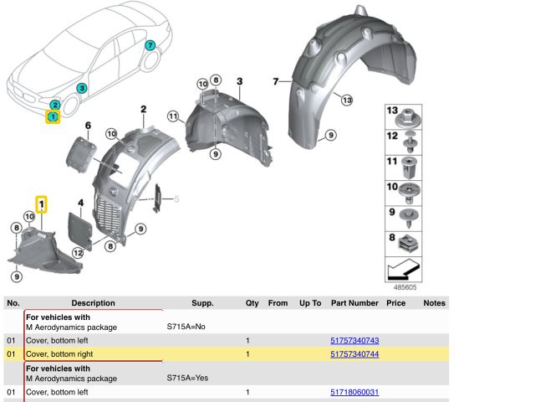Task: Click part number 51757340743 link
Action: (x=354, y=341)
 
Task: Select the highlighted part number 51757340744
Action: (x=354, y=354)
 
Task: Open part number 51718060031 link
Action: (x=354, y=392)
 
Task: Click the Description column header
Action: (x=93, y=303)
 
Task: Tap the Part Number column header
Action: (x=354, y=303)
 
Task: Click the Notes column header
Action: (x=434, y=303)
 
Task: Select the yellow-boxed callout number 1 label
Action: (x=41, y=204)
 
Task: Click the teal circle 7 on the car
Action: (x=150, y=45)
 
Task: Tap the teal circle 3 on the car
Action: (x=82, y=88)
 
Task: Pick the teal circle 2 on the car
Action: (x=55, y=105)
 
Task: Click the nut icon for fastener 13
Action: (x=408, y=117)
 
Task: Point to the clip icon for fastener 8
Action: (x=409, y=243)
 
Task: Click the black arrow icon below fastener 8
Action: (x=404, y=269)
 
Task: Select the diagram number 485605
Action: (x=405, y=287)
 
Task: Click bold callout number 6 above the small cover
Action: (x=88, y=126)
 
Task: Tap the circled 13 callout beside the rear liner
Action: (x=347, y=100)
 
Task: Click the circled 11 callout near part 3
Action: (x=173, y=116)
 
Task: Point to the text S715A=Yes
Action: (x=187, y=378)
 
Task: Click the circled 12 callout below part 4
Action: (x=78, y=253)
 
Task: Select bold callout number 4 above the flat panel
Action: (x=81, y=203)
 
